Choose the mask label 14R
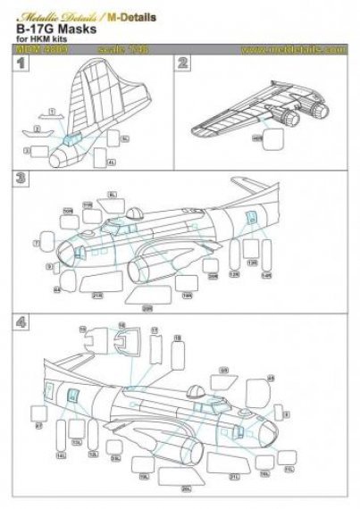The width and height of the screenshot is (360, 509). click(264, 275)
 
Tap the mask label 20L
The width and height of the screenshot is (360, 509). click(186, 487)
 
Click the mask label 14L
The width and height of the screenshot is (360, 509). click(61, 455)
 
